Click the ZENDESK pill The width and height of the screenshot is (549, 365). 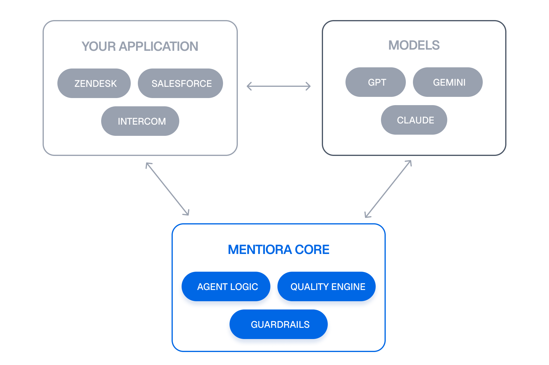tap(94, 83)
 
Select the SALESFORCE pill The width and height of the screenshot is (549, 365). tap(180, 83)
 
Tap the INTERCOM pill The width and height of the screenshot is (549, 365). tap(140, 121)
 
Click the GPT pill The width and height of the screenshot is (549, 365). tap(376, 82)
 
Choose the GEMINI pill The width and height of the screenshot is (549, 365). tap(448, 82)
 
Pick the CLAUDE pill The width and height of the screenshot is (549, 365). tap(414, 120)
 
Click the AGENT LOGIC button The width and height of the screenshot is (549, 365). tap(226, 286)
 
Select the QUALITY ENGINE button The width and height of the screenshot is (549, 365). tap(327, 286)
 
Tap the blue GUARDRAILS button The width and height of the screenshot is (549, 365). tap(279, 324)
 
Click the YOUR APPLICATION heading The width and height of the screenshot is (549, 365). tap(140, 46)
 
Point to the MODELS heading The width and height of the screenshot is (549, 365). tap(414, 45)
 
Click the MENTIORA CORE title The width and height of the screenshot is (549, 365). tap(278, 250)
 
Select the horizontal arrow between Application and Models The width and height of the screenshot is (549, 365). tap(279, 86)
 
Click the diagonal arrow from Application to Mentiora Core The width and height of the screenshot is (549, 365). tap(167, 189)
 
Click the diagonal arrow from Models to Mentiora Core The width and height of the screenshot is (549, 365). tap(388, 189)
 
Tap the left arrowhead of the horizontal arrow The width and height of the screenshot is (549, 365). tap(248, 86)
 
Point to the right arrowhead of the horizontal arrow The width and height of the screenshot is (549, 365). tap(309, 86)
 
